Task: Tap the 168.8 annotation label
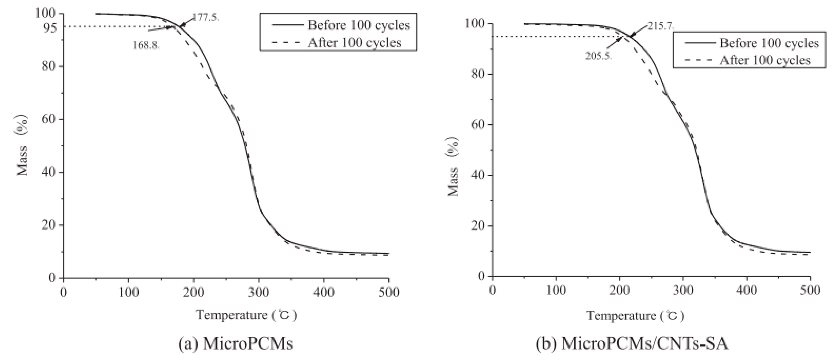(146, 45)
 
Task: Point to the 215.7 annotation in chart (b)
(660, 26)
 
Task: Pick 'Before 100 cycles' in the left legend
(359, 25)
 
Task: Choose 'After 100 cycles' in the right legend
(765, 60)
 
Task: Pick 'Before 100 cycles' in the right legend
(769, 43)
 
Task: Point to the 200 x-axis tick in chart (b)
(619, 290)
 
